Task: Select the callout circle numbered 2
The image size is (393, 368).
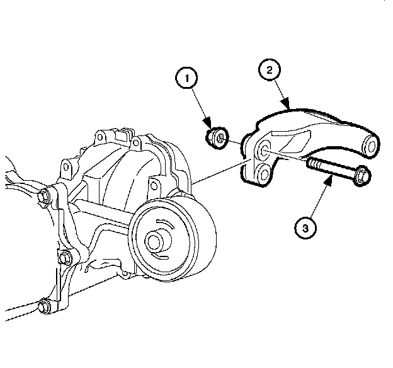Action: point(269,70)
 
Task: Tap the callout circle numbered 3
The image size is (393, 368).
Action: point(305,227)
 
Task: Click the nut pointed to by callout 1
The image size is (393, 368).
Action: point(216,136)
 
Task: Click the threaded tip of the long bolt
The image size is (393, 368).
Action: point(310,164)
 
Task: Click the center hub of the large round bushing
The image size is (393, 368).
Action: point(156,240)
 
